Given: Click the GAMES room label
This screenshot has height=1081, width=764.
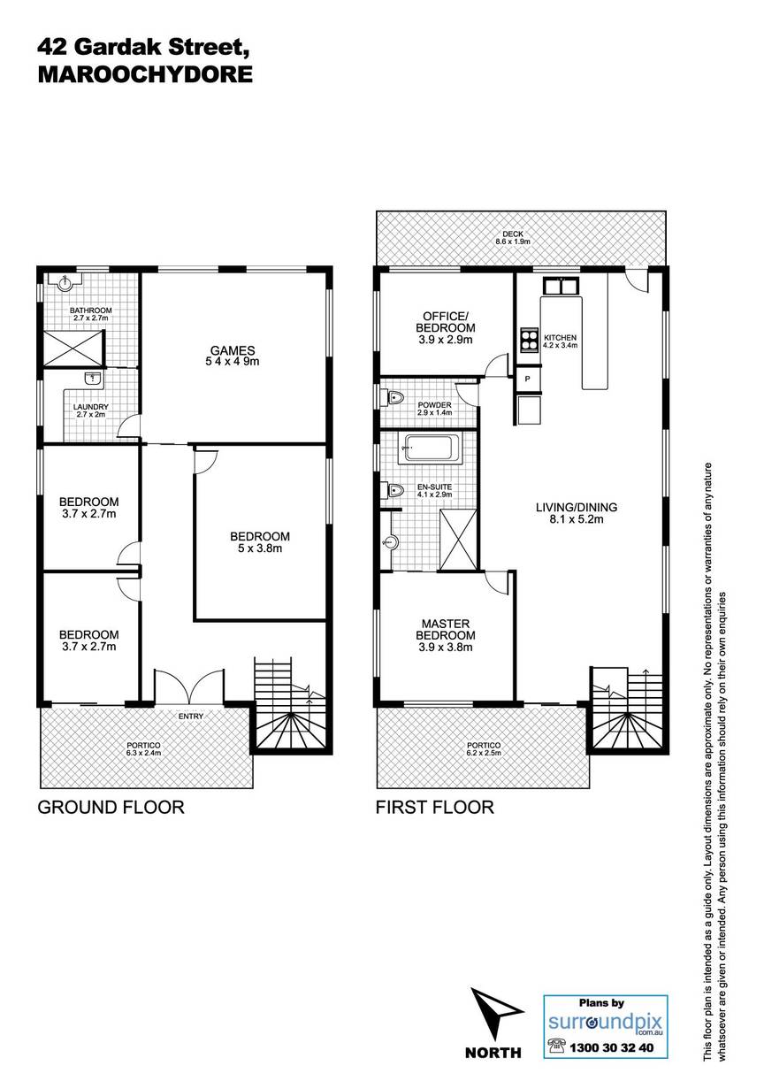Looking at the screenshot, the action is click(x=232, y=350).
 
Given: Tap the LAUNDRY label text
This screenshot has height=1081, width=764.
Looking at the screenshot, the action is click(x=91, y=407).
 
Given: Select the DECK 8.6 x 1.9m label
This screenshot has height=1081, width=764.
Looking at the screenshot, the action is click(x=512, y=237).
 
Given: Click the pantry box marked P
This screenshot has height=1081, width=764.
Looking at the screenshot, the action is click(x=527, y=379).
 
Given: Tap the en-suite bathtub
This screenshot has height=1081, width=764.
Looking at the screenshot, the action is click(x=429, y=448).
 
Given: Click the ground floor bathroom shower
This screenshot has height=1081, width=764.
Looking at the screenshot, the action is click(x=73, y=349).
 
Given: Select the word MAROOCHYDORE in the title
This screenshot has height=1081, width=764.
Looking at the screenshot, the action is click(x=145, y=75).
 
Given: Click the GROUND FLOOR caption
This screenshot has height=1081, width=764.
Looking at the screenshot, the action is click(x=111, y=808).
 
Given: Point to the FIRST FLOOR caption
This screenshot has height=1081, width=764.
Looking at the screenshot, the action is click(x=434, y=808).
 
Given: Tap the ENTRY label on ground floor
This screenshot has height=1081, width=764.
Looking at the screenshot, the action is click(x=190, y=717).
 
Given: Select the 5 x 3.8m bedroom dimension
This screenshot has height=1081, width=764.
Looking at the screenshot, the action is click(x=260, y=548).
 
